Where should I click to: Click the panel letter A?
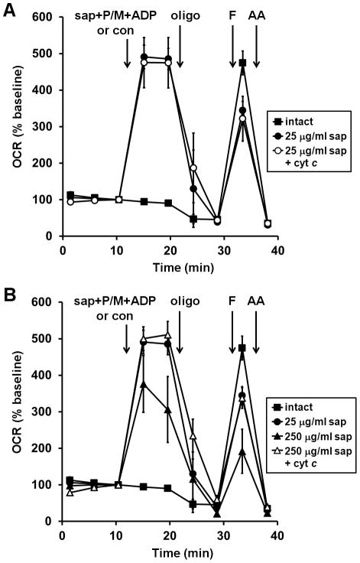click(8, 8)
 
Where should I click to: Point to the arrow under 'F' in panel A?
click(232, 54)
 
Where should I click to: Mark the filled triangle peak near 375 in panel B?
click(143, 384)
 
